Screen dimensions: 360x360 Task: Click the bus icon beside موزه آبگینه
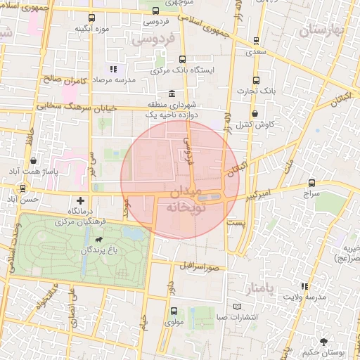(91, 18)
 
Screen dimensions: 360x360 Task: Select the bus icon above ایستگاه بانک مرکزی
(183, 60)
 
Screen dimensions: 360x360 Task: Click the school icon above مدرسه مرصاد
(112, 70)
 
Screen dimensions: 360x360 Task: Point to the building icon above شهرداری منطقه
(172, 94)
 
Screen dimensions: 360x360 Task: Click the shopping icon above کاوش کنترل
(255, 112)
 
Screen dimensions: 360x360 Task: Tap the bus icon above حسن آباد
(24, 188)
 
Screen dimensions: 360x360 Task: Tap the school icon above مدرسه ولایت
(304, 287)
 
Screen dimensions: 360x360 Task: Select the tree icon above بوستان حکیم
(323, 341)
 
